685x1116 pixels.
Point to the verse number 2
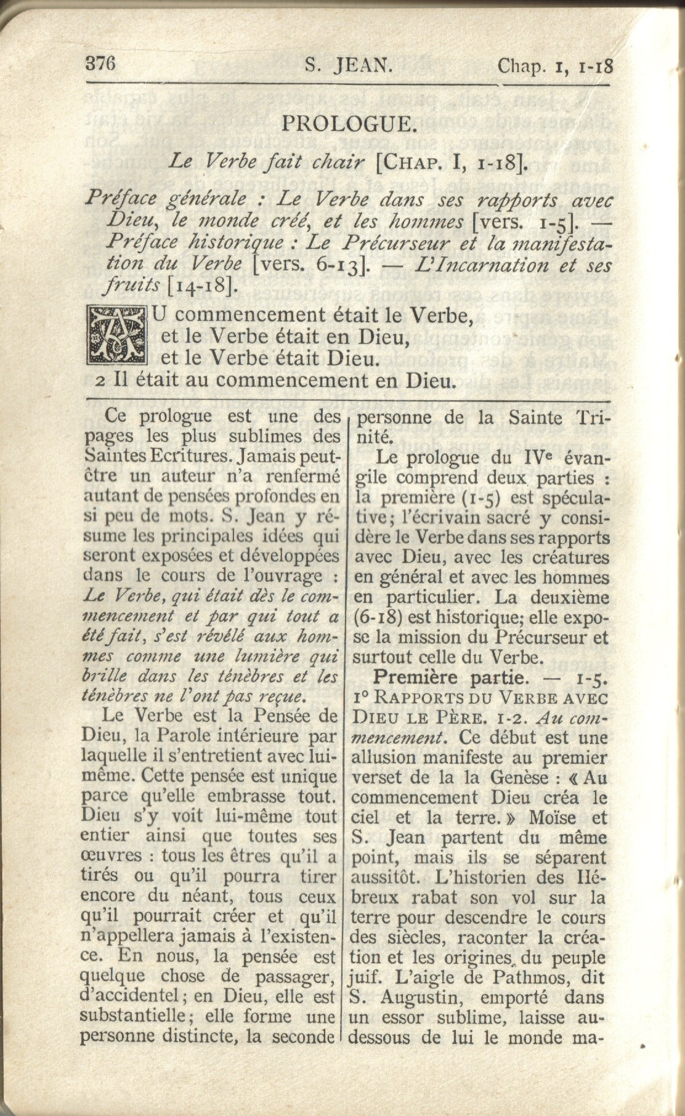[100, 381]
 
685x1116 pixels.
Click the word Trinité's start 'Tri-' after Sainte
[593, 418]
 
